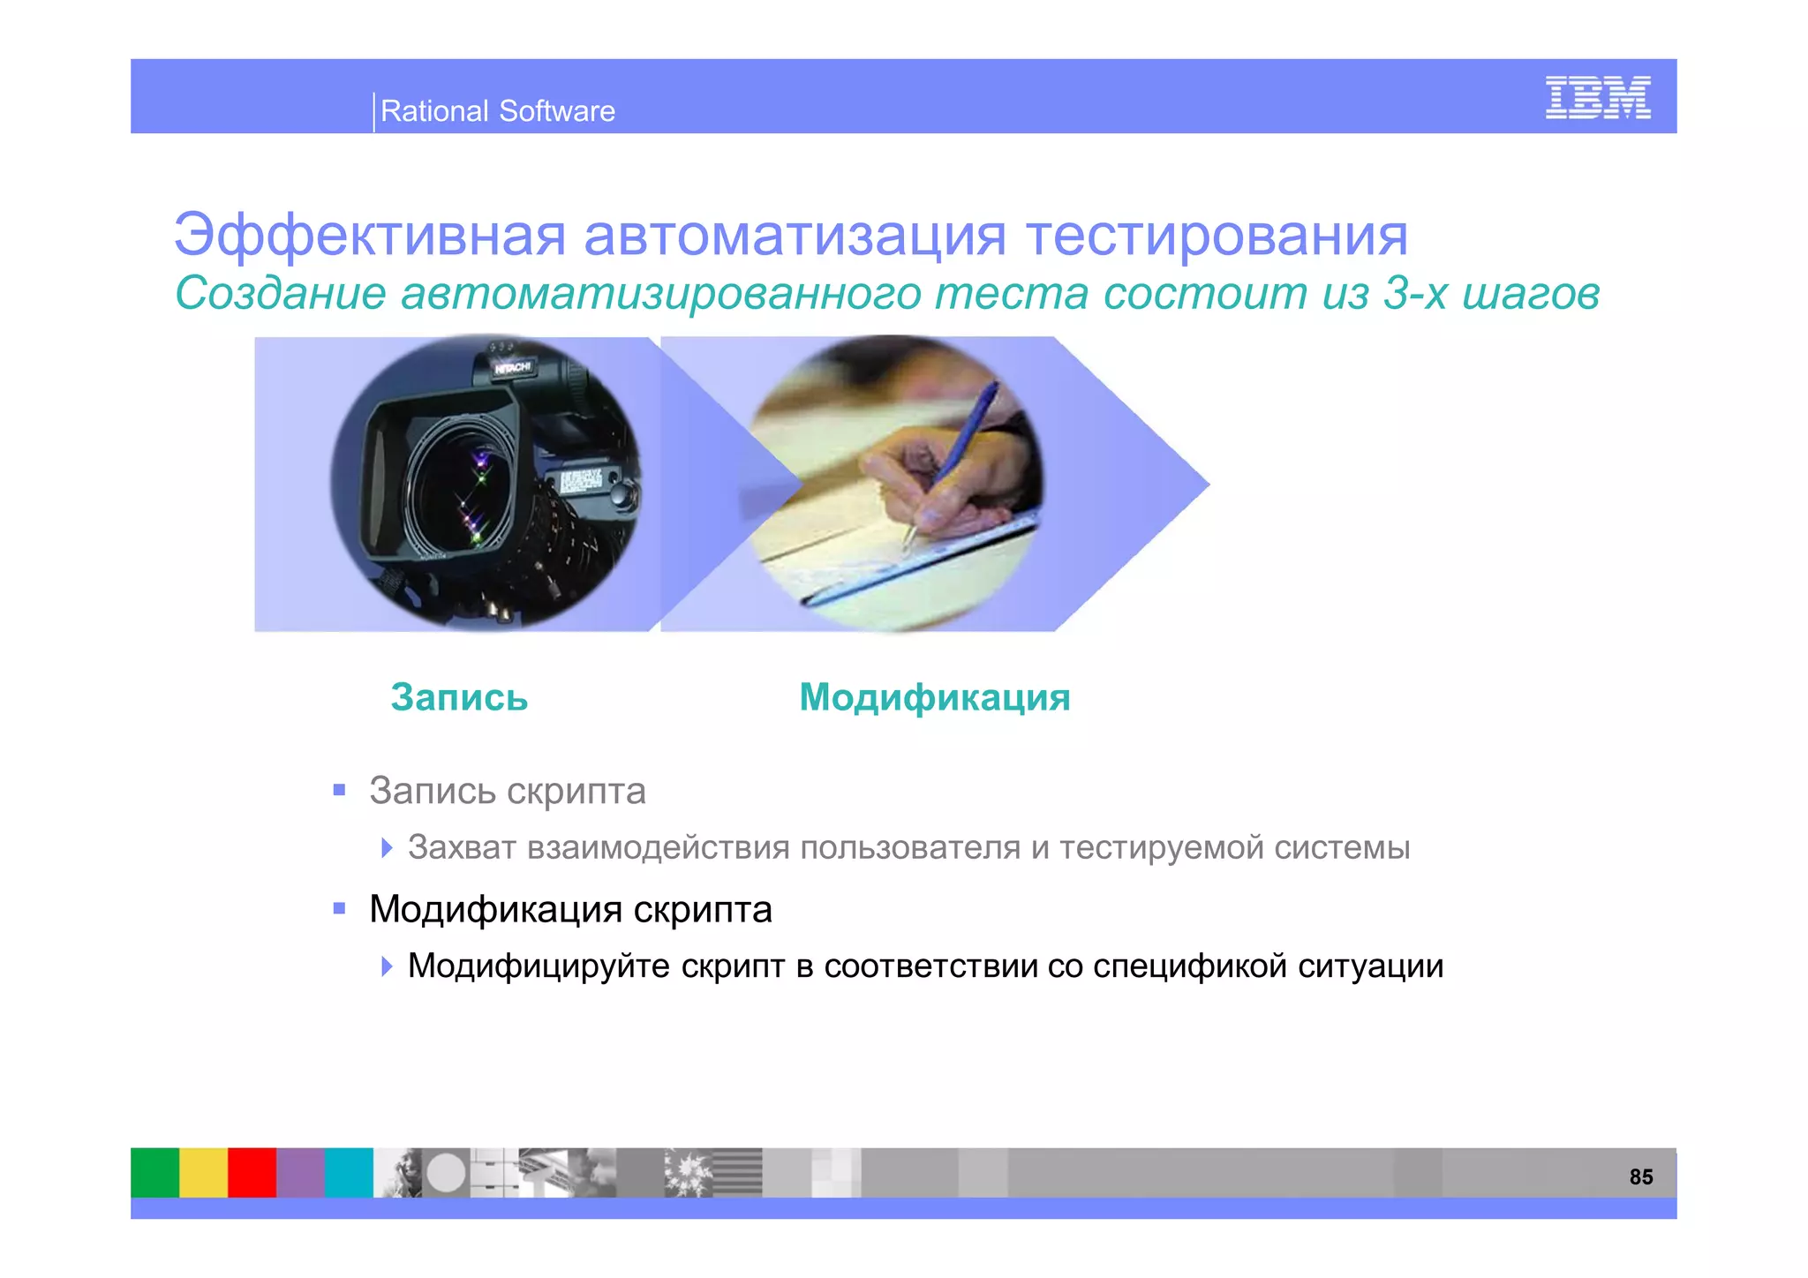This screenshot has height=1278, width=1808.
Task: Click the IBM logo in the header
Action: click(x=1597, y=98)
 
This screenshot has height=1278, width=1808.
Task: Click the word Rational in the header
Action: click(x=433, y=111)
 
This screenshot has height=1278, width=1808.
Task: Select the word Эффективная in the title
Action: click(x=369, y=236)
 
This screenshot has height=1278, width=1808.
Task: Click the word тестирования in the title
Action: click(x=1217, y=236)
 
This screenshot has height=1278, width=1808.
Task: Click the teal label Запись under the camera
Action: click(x=459, y=697)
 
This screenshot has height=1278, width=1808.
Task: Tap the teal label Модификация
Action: click(x=934, y=697)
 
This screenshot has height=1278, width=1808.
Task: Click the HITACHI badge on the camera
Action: click(x=513, y=367)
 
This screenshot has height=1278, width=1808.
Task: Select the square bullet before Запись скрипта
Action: click(x=339, y=790)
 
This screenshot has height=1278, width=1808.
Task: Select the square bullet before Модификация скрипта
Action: click(x=339, y=908)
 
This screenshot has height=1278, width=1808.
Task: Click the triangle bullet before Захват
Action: click(x=387, y=848)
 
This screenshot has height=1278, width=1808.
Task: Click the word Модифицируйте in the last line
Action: click(x=539, y=966)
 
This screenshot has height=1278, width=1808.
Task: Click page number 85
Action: click(x=1640, y=1177)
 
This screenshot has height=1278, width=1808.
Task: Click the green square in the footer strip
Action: click(x=154, y=1172)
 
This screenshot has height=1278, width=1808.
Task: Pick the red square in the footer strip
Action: click(x=252, y=1172)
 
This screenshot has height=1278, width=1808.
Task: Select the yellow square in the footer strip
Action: click(x=203, y=1172)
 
